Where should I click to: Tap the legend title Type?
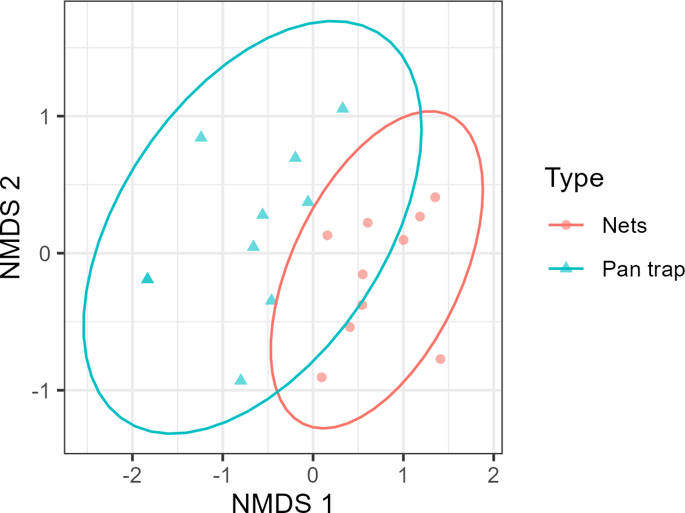click(x=574, y=178)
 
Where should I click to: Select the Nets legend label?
click(x=624, y=226)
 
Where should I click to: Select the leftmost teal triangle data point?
click(x=147, y=278)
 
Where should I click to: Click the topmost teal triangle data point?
click(x=343, y=108)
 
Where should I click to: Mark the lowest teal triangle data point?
click(x=241, y=380)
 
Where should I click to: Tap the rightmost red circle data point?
click(x=440, y=359)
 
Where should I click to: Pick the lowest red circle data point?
click(x=321, y=377)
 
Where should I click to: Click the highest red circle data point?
click(x=435, y=197)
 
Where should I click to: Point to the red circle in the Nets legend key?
click(x=566, y=226)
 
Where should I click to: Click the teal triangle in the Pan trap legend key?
click(x=566, y=267)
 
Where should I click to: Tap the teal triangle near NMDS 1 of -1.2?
click(x=201, y=137)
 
